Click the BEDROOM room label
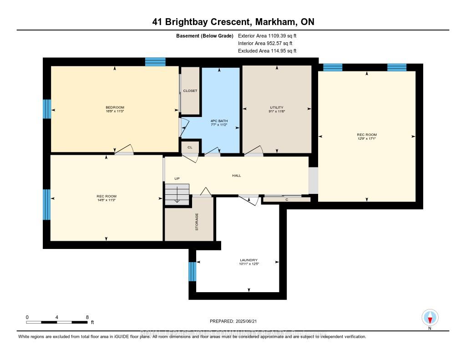[x=114, y=107]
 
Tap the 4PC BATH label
[x=219, y=121]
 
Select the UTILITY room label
[x=277, y=107]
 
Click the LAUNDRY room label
[x=249, y=260]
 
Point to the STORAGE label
[x=197, y=221]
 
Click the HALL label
[x=236, y=175]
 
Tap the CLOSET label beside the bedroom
[x=190, y=91]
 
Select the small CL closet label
[x=190, y=147]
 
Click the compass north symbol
[x=430, y=318]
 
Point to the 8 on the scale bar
[x=86, y=317]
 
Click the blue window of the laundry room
[x=192, y=272]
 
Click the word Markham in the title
[x=279, y=22]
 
